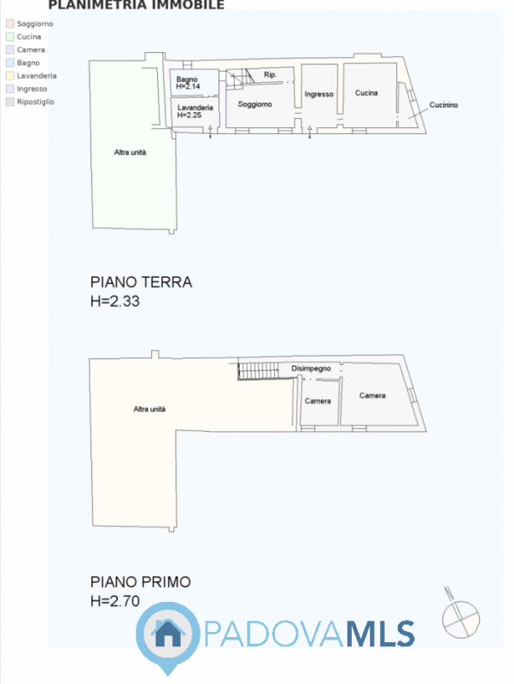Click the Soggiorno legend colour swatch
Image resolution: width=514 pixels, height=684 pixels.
click(10, 24)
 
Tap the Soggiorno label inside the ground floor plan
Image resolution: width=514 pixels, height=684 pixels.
click(254, 104)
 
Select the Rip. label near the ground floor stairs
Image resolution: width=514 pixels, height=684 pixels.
click(270, 75)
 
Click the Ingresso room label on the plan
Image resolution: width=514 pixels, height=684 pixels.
click(318, 94)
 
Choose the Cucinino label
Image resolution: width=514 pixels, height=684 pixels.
click(444, 104)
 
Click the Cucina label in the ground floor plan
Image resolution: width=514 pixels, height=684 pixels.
click(366, 92)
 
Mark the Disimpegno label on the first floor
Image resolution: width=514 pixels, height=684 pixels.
click(311, 368)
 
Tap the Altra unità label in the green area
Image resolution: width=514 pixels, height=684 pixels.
click(131, 152)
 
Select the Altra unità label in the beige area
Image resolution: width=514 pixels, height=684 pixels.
click(149, 409)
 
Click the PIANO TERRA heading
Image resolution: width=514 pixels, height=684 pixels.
click(141, 282)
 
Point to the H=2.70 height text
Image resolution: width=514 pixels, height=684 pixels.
click(115, 601)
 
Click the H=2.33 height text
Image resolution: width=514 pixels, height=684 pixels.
click(115, 301)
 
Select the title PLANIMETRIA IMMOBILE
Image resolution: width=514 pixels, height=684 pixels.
click(137, 5)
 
